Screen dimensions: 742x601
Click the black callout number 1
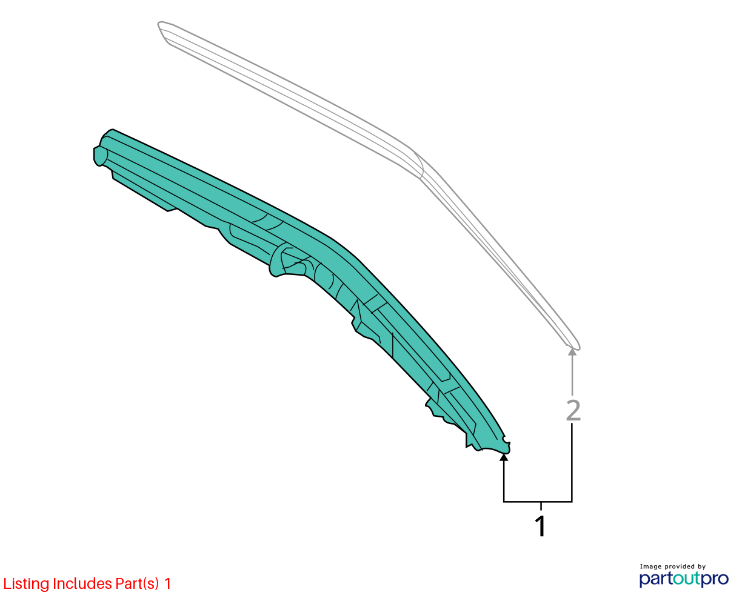coord(540,526)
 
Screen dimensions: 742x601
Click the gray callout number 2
coord(573,411)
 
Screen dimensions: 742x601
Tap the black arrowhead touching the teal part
coord(504,457)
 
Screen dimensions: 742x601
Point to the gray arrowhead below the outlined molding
coord(572,352)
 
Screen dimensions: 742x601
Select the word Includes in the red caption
coord(82,583)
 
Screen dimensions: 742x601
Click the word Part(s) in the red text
coord(137,584)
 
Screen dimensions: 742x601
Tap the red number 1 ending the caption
coord(167,583)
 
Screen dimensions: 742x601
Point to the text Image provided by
coord(673,566)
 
